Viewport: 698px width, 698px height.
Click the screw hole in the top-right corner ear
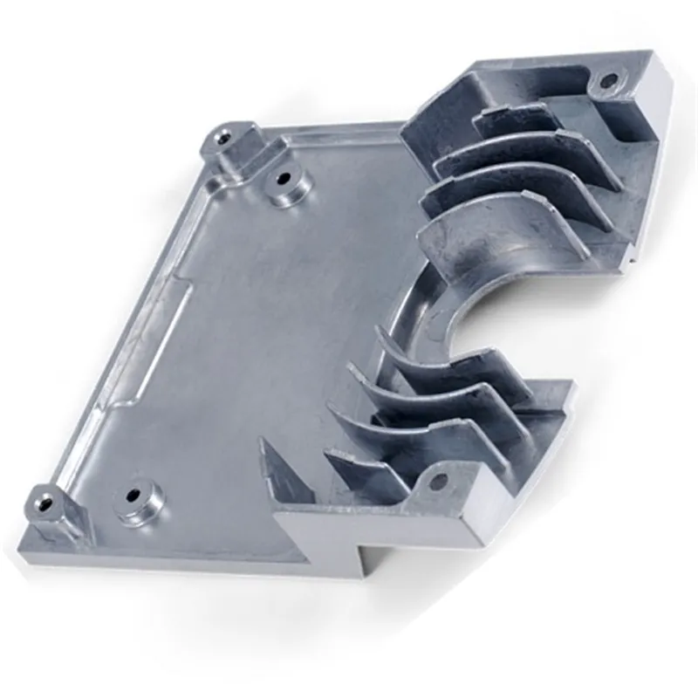608,84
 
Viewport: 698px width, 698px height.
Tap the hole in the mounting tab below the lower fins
440,480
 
